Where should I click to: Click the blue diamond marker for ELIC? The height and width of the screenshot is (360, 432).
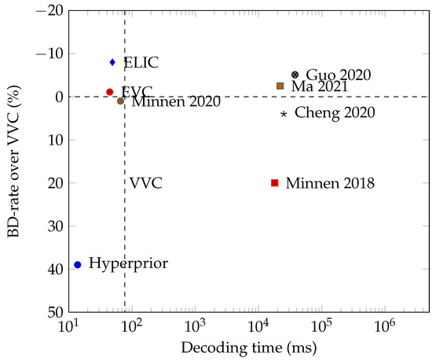[112, 62]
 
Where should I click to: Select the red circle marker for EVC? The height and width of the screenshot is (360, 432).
[110, 92]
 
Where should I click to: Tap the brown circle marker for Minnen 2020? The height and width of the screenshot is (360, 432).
[120, 101]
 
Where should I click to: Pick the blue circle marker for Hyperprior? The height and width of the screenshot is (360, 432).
[77, 265]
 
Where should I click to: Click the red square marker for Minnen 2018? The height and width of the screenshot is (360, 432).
[275, 183]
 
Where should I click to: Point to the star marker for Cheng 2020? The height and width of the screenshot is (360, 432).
[284, 114]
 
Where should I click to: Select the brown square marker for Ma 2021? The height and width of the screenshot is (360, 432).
[280, 86]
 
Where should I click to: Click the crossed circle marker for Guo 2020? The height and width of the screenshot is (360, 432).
[295, 75]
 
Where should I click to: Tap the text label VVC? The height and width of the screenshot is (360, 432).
[146, 183]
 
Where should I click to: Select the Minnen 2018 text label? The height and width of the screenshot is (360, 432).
[330, 183]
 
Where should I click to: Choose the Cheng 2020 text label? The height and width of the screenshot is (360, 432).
[335, 113]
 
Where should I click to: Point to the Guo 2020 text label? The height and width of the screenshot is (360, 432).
[338, 75]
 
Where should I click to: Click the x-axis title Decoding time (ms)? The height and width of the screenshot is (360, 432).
[248, 346]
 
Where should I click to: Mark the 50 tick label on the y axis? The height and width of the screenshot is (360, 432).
[53, 312]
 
